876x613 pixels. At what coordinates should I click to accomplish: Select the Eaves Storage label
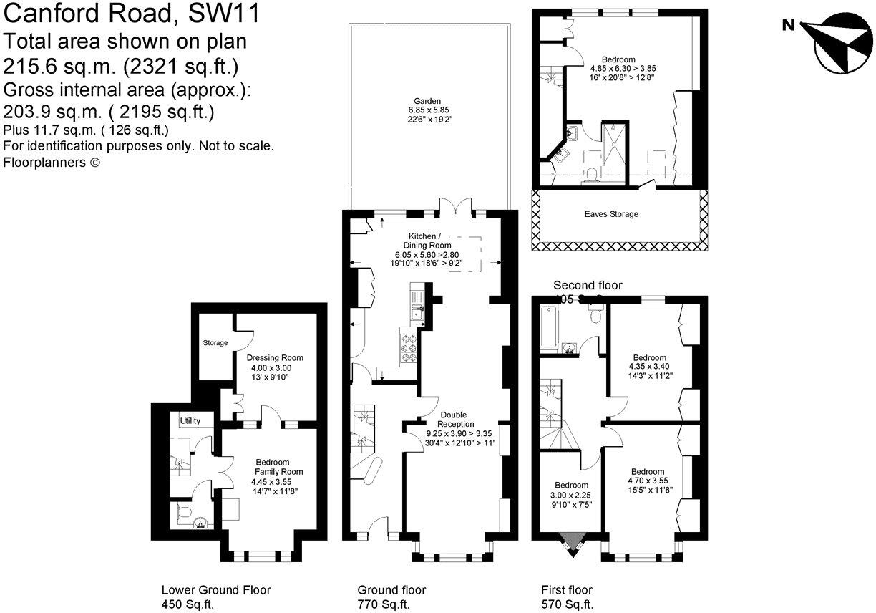click(x=611, y=214)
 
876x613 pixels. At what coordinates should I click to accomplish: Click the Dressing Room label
click(x=275, y=357)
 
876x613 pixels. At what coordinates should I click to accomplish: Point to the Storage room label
click(x=215, y=343)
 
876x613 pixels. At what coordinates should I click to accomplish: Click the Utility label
click(x=190, y=420)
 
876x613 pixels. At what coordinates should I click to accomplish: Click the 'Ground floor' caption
click(x=391, y=590)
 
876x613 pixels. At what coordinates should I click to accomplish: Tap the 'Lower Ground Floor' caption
click(x=216, y=590)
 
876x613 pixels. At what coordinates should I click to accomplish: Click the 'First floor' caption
click(x=567, y=590)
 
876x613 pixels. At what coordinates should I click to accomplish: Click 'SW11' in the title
click(x=222, y=13)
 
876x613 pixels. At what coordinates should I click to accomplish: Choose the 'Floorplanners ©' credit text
click(x=52, y=163)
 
